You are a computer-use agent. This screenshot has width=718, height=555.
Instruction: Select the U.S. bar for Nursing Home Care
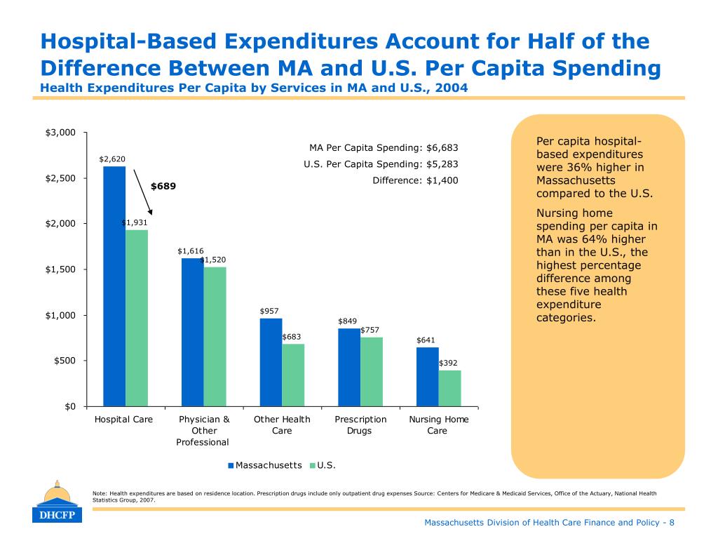pyautogui.click(x=449, y=388)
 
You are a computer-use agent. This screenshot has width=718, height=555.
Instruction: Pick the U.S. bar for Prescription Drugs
pyautogui.click(x=372, y=371)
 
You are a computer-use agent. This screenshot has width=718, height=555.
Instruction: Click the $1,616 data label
pyautogui.click(x=190, y=250)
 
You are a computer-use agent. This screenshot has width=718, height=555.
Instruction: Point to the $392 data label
pyautogui.click(x=449, y=363)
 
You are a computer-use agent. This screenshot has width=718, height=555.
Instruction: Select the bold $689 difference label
pyautogui.click(x=163, y=187)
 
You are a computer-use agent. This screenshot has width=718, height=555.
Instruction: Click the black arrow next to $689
pyautogui.click(x=142, y=191)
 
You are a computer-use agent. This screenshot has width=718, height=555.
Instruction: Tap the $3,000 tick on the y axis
pyautogui.click(x=60, y=133)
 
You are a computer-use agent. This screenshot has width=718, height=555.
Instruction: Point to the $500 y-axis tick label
pyautogui.click(x=65, y=361)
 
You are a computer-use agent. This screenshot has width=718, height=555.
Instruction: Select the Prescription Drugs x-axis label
pyautogui.click(x=360, y=425)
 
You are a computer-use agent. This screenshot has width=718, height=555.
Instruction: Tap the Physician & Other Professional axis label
pyautogui.click(x=203, y=430)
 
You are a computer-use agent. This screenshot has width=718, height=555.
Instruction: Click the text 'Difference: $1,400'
pyautogui.click(x=415, y=180)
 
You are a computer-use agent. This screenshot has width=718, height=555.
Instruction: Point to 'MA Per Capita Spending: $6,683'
pyautogui.click(x=384, y=148)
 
